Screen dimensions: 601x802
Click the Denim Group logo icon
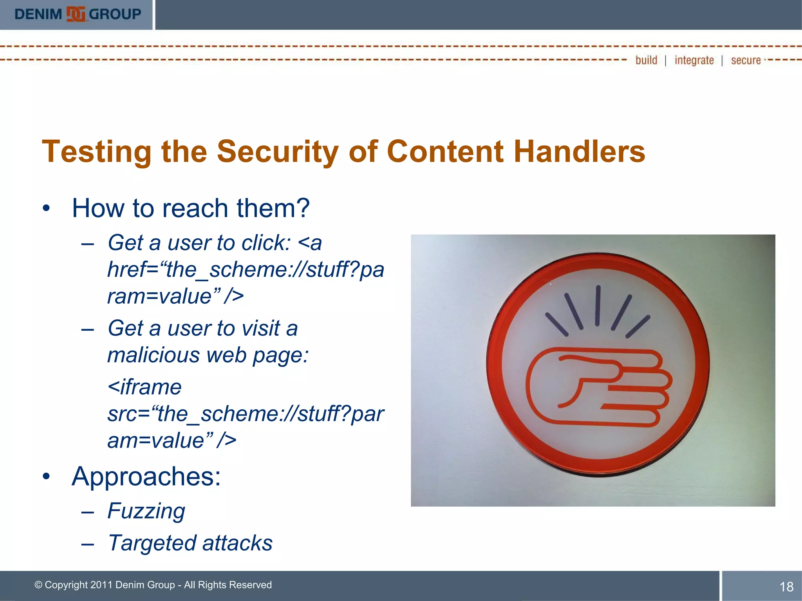(76, 14)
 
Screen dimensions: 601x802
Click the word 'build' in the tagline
(646, 60)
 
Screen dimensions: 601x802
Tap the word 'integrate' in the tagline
(694, 61)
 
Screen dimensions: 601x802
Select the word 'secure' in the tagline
(746, 61)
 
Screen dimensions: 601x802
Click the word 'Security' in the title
(278, 152)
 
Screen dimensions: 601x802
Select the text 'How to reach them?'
(191, 208)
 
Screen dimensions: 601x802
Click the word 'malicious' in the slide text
(153, 355)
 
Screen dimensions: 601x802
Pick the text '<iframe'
(144, 387)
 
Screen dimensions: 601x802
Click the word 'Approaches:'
(146, 477)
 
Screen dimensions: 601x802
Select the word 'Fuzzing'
(146, 511)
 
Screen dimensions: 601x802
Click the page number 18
(786, 587)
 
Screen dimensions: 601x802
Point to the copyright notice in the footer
(153, 585)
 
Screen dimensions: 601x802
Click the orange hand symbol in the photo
(598, 387)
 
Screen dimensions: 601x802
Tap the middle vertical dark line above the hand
(598, 306)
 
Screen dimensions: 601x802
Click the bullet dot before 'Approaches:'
(47, 477)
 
